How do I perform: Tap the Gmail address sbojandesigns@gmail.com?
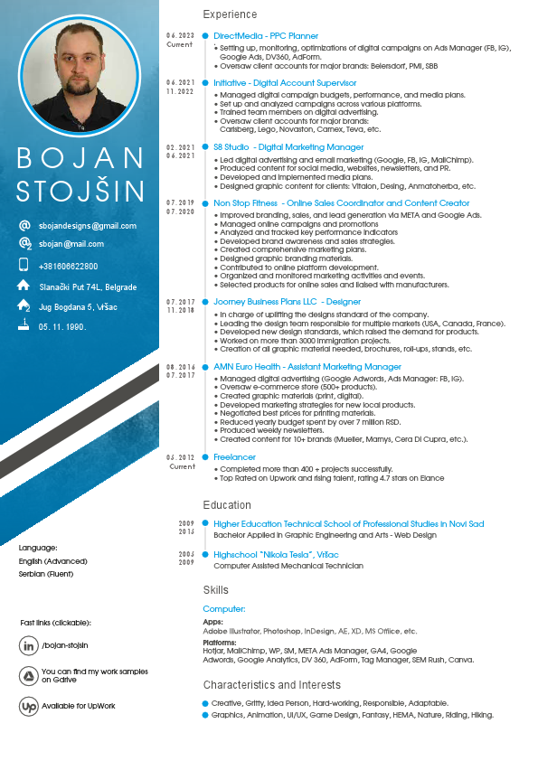88,226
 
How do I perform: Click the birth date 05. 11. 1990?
62,327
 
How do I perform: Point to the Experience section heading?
230,14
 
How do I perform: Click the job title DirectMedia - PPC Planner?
266,36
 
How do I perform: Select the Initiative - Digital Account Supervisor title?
285,83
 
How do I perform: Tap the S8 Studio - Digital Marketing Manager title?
288,146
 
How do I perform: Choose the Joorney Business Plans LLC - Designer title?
287,302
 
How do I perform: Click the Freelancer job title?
234,458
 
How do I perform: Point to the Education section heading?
227,505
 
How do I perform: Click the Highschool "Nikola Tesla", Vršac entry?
276,554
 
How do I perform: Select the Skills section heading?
216,590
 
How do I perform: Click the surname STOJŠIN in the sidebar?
80,192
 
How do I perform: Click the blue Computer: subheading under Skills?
224,609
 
